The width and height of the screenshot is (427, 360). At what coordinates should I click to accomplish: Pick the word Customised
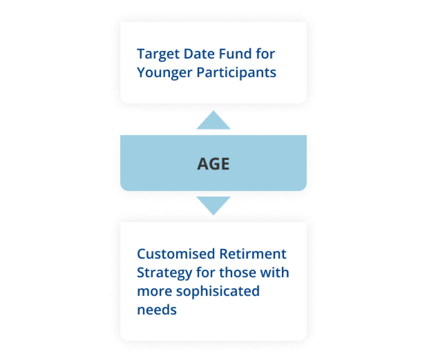point(175,254)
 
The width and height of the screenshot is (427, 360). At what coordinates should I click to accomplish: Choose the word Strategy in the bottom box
point(165,273)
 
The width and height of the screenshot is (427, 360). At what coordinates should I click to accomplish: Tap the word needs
point(157,310)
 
